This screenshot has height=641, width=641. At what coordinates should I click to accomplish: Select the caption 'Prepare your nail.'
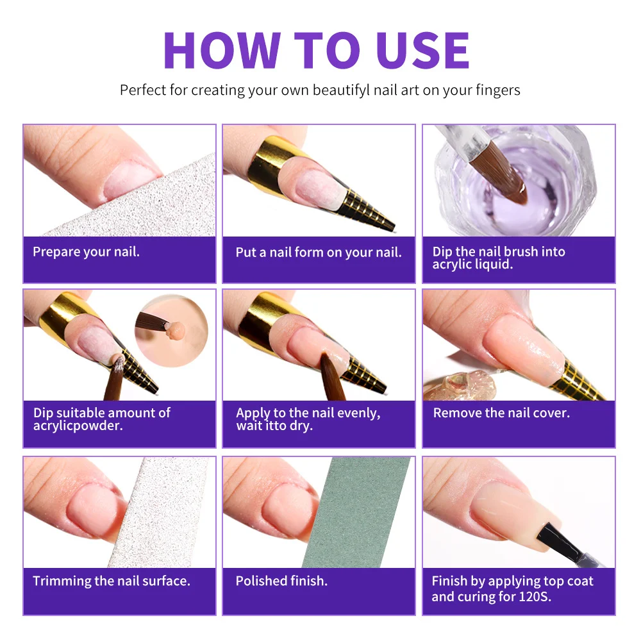point(86,251)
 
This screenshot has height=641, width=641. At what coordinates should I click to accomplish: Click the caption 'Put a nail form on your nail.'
point(319,252)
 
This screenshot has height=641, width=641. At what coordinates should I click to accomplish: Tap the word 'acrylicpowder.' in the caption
point(78,426)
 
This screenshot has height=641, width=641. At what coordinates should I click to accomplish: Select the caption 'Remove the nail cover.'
point(501,413)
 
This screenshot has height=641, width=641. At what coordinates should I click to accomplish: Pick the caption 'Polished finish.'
point(281,581)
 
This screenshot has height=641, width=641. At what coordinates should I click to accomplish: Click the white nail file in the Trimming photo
point(160,513)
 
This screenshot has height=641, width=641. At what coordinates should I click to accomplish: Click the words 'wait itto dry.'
point(274,426)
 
